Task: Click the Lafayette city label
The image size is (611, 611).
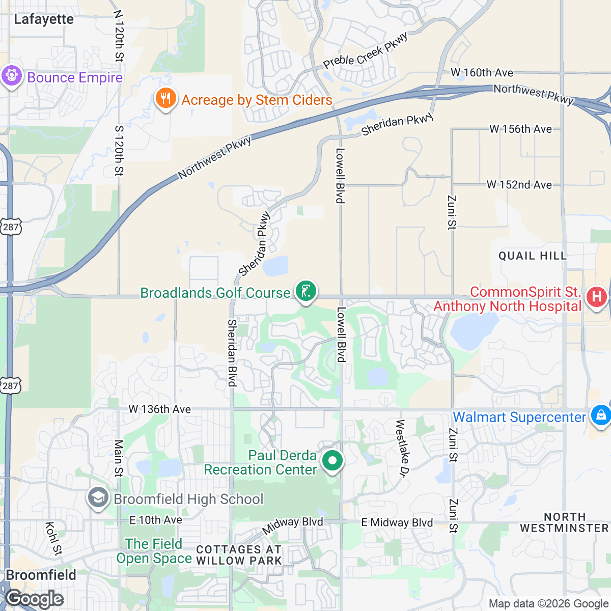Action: click(44, 19)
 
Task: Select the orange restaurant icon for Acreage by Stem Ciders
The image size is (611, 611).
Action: click(165, 98)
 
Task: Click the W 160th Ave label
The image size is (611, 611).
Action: click(482, 73)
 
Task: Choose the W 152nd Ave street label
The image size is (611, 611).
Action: click(519, 185)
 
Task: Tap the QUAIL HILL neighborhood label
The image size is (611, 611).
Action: click(533, 256)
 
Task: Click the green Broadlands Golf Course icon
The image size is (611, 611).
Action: click(305, 292)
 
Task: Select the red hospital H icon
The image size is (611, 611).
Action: click(597, 297)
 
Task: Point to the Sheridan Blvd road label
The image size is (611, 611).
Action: click(232, 353)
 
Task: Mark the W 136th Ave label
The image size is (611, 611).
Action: click(159, 409)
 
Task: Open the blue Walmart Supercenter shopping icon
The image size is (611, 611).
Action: click(601, 415)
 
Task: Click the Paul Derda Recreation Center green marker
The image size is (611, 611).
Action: click(332, 461)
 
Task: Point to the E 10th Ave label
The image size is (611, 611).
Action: click(155, 520)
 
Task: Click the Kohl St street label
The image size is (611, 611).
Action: click(53, 539)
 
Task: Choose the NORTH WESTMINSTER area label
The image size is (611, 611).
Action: click(564, 523)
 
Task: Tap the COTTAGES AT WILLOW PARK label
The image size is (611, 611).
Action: click(239, 555)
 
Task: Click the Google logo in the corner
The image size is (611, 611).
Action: click(35, 599)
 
